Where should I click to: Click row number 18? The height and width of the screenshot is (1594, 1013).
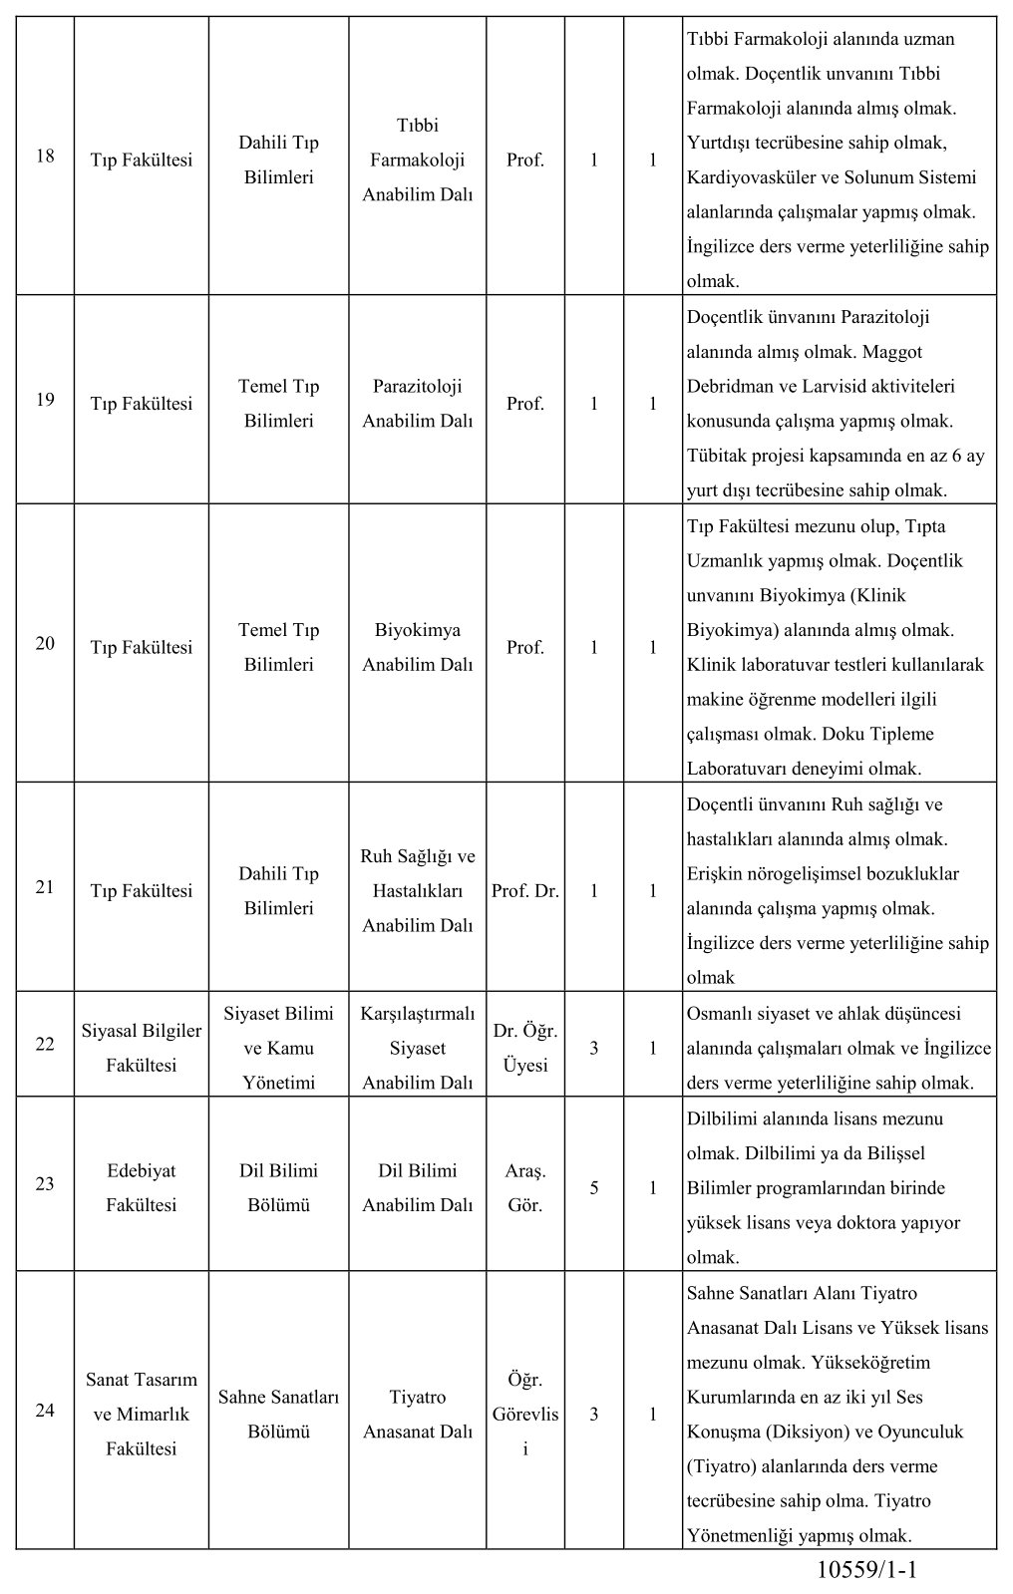(45, 156)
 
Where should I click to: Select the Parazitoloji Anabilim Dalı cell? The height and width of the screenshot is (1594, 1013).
(417, 403)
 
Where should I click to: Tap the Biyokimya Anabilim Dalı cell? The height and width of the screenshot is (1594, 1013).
(417, 647)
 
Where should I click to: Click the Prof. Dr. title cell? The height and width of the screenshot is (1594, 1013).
(525, 890)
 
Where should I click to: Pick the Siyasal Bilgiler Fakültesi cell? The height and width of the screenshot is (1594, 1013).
(141, 1048)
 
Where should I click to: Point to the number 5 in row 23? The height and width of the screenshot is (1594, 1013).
(594, 1187)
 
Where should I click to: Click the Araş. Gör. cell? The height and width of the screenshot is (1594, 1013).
(525, 1187)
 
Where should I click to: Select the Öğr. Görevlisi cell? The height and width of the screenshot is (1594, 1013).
(525, 1414)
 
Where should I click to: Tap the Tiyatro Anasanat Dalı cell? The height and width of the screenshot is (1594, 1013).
(417, 1414)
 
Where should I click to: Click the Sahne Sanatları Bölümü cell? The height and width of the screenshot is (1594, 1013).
(278, 1414)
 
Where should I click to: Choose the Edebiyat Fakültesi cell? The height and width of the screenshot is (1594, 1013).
(141, 1187)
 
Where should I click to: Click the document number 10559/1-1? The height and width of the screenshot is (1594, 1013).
(865, 1571)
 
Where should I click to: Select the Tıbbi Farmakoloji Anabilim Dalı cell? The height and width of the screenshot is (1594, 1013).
(417, 159)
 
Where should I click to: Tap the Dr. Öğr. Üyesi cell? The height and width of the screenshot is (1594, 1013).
(525, 1048)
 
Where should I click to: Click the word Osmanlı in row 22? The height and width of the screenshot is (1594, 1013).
(720, 1014)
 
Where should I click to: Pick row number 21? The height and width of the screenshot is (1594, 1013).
(45, 886)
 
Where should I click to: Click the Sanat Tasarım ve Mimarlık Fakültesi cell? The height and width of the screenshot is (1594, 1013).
(141, 1414)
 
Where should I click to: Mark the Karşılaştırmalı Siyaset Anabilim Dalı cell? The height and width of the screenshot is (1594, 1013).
(417, 1048)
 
